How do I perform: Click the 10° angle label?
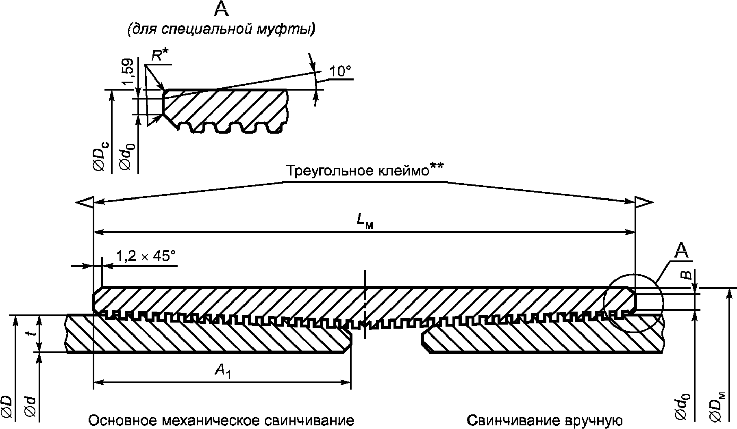coord(340,71)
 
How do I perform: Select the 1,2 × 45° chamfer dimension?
coord(146,256)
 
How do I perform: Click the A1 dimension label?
coord(223,370)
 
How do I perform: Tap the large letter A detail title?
coord(221,9)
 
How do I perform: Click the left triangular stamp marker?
coord(85,202)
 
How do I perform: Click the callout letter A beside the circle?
coord(682,251)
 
